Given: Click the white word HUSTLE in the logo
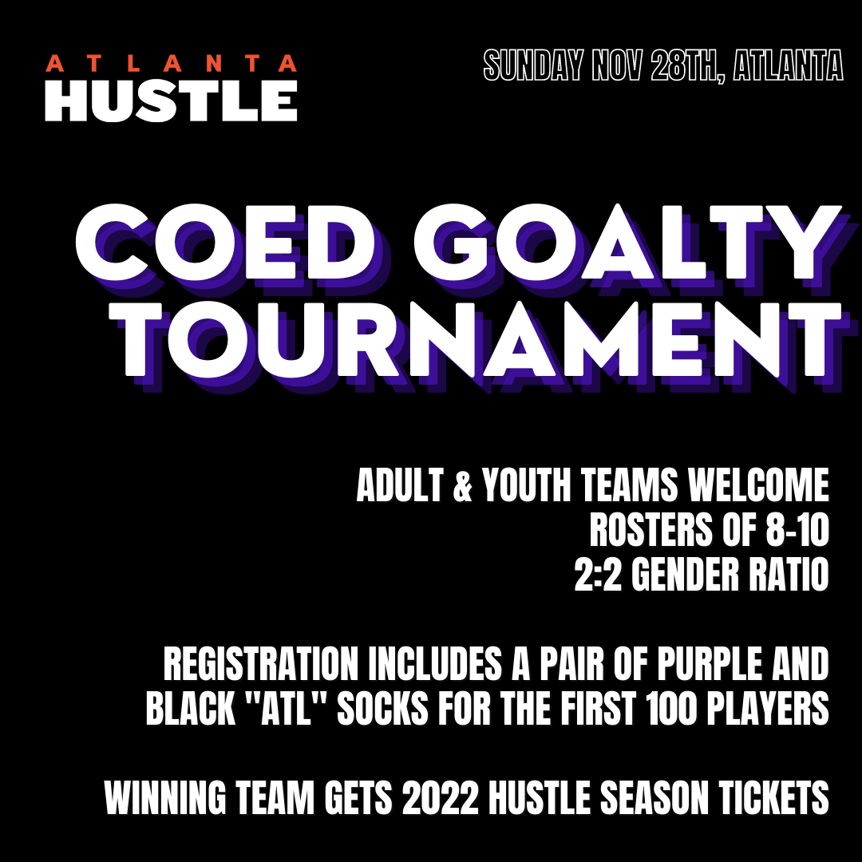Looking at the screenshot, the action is point(171,101).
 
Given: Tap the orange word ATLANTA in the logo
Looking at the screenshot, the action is point(171,63).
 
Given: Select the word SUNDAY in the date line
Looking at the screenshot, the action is point(533,65).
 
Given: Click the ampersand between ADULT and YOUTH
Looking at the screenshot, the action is point(463,485).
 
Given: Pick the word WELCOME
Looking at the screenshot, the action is point(759,485).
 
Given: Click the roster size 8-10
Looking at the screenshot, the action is point(797,530).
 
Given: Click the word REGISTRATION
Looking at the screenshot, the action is point(260,664).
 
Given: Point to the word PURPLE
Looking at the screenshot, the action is point(710,664).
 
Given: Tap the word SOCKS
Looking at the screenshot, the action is point(382,708).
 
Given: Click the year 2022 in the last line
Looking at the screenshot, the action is point(441,797).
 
